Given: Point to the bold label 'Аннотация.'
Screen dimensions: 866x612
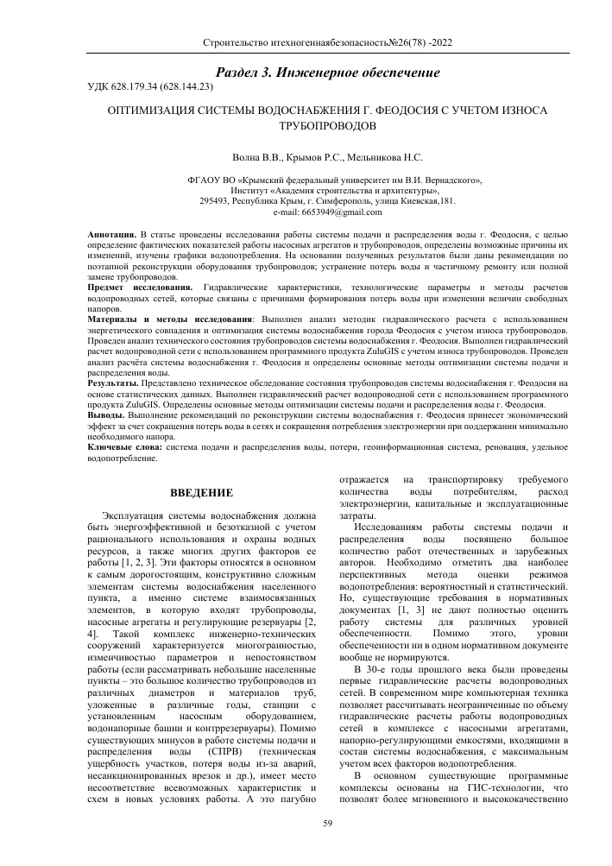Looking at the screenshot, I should click(111, 235).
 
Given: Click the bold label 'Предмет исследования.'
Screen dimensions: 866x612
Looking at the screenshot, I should click(140, 286).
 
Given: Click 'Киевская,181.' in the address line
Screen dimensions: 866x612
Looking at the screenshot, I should click(429, 200).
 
